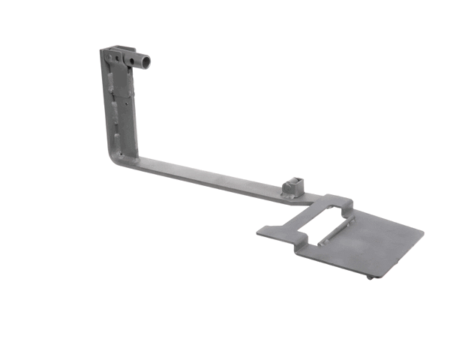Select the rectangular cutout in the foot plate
point(318,220)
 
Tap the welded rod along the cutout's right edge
point(334,232)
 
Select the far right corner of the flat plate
point(423,230)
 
